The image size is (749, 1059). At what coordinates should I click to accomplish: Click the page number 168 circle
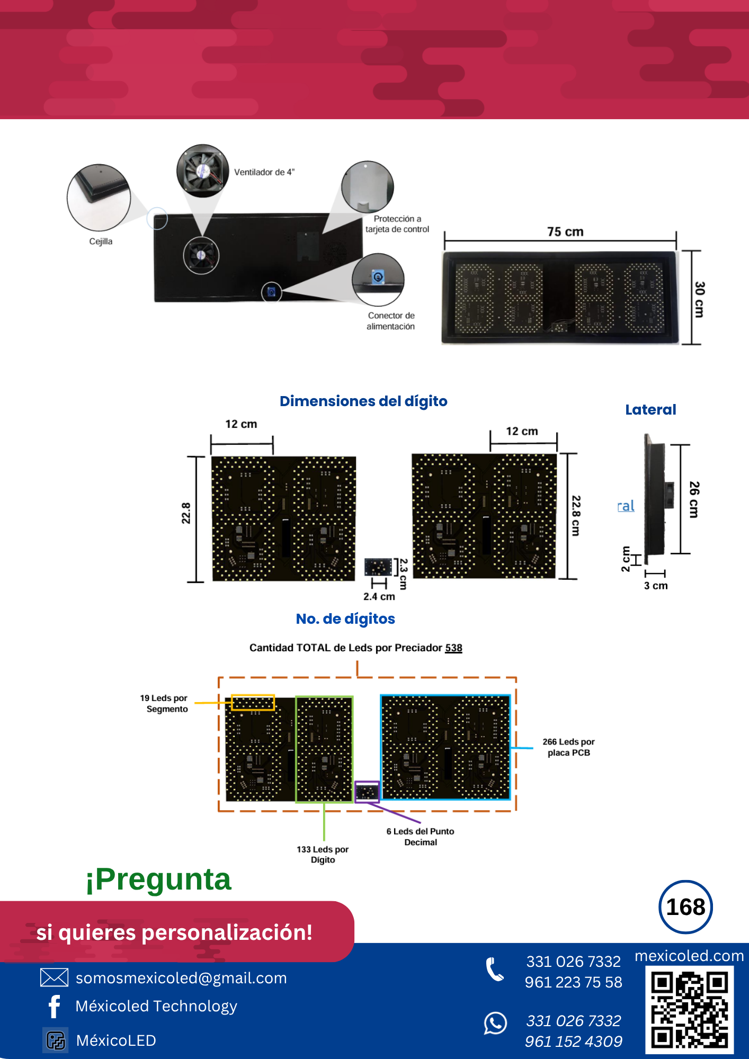tap(685, 907)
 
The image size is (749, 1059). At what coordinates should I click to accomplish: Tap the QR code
tap(689, 1009)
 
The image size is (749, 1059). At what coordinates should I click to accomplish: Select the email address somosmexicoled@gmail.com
tap(181, 978)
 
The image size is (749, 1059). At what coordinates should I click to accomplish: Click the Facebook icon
tap(54, 1006)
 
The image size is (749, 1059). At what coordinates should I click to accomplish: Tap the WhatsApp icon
tap(495, 1023)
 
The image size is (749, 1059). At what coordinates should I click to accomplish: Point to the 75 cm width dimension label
tap(565, 232)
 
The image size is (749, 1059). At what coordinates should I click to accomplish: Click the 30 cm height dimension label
tap(700, 299)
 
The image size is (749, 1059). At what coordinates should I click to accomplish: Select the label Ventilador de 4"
tap(264, 172)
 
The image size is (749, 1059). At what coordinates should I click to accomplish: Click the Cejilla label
tap(101, 241)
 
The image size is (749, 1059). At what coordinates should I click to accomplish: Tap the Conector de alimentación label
tap(391, 321)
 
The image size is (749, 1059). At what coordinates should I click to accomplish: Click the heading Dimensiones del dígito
tap(363, 401)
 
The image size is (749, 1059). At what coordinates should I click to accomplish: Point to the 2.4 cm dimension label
tap(379, 597)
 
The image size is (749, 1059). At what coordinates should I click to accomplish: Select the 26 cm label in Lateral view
tap(694, 499)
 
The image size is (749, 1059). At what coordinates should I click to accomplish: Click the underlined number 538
tap(453, 648)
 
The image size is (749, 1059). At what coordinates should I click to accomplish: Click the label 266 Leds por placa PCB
tap(568, 747)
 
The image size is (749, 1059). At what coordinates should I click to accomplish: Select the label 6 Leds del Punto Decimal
tap(420, 837)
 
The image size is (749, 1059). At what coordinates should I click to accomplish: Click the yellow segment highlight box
tap(253, 703)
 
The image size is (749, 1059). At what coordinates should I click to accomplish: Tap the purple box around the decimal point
tap(367, 792)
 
